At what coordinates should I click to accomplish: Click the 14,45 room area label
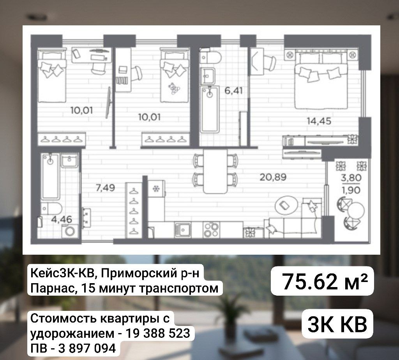point(319,121)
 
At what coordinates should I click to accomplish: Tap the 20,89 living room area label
point(273,177)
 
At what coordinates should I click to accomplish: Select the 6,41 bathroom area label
point(233,90)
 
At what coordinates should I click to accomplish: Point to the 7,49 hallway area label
point(105,188)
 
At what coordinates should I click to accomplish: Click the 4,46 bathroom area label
point(62,219)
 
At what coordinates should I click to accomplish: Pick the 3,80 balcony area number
point(351,177)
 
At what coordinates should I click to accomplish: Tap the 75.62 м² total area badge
point(322,281)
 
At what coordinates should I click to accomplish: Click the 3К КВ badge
point(337,324)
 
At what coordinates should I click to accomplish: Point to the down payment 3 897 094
point(87,348)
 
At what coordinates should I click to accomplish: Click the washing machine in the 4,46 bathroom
point(70,231)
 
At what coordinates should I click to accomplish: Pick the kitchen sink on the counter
point(182,230)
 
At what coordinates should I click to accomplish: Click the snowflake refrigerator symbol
point(155,189)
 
